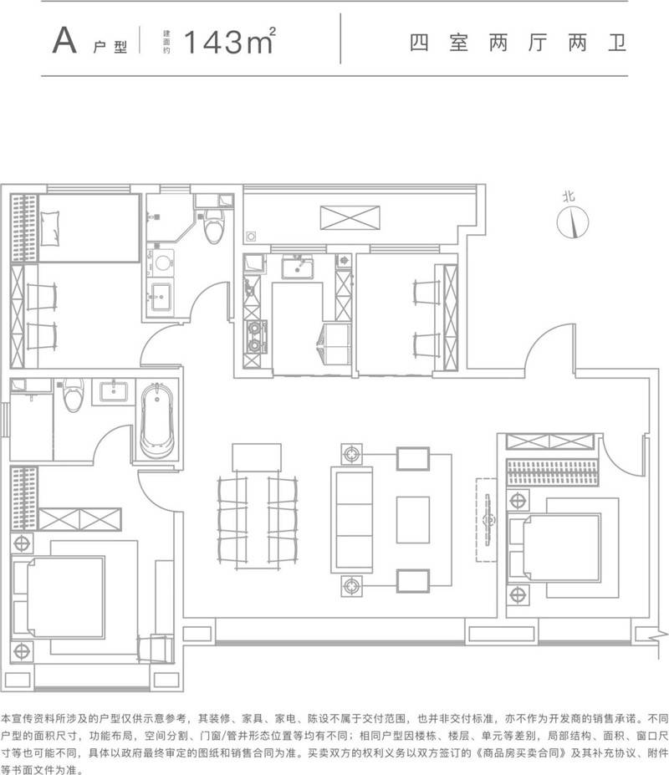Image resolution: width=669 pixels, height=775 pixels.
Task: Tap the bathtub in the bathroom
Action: click(157, 421)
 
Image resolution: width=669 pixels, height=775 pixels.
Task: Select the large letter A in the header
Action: click(64, 40)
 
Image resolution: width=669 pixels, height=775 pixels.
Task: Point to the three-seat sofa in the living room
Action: click(352, 519)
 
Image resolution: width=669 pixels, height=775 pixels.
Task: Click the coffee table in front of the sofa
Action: click(413, 520)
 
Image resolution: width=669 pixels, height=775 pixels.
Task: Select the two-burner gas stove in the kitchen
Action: click(255, 337)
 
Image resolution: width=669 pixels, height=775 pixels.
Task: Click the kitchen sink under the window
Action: click(297, 267)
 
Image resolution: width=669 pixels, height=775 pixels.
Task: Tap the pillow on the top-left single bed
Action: click(49, 228)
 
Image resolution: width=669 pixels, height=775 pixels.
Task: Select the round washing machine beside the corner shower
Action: click(162, 263)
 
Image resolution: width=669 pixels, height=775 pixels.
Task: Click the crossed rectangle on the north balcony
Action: click(350, 217)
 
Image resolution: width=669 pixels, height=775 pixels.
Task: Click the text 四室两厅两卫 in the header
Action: click(518, 43)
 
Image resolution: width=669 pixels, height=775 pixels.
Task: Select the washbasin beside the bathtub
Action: click(114, 392)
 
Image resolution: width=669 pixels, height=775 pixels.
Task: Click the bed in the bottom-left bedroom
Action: click(59, 597)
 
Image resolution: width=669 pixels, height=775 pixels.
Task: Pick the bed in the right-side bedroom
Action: click(554, 547)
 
